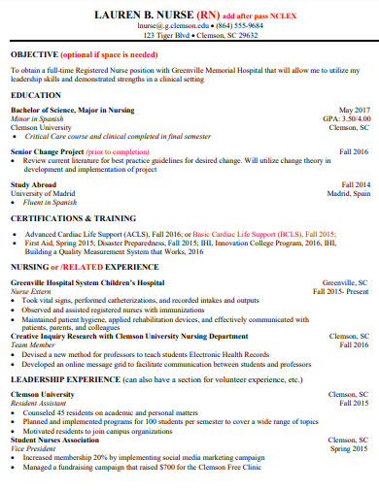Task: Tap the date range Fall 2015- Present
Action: (x=341, y=290)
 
